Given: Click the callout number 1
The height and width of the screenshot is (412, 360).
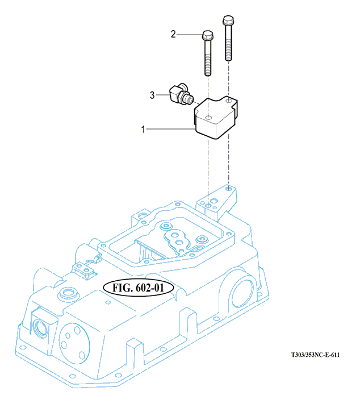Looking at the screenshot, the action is click(143, 129).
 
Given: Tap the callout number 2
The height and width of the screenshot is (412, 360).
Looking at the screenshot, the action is click(173, 34).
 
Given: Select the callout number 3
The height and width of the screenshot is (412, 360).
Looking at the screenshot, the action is click(152, 95).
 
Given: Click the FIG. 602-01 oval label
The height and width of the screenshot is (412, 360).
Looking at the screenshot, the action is click(139, 288).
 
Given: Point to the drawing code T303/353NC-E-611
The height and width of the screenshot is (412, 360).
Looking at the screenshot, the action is click(315, 355).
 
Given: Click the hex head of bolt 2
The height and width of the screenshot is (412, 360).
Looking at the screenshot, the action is click(207, 35).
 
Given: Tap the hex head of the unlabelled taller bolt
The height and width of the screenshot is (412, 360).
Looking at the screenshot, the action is click(228, 20).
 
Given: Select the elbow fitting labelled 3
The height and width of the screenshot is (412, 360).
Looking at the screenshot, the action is click(181, 95).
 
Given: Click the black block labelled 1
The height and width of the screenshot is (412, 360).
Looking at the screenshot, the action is click(216, 117).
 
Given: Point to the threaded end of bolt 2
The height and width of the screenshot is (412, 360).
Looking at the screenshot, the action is click(208, 65).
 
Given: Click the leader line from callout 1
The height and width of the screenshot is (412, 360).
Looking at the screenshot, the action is click(170, 129).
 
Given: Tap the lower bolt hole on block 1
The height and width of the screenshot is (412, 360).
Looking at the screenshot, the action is click(208, 117).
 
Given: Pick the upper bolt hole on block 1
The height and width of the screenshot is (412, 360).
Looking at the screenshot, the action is click(229, 101).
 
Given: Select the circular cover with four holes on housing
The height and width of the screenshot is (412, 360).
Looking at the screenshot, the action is click(74, 343).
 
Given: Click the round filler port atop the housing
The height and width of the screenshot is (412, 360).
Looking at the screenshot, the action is click(68, 293).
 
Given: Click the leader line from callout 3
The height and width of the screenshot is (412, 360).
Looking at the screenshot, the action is click(162, 95).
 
